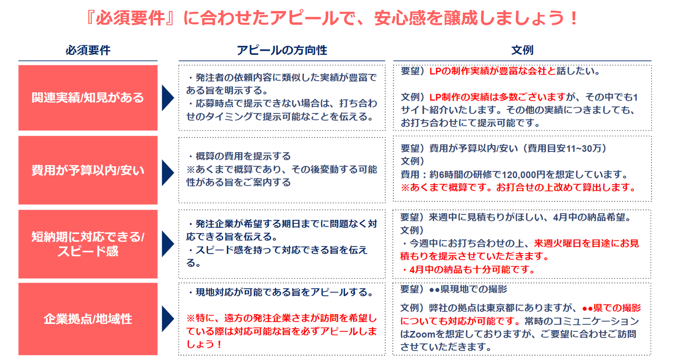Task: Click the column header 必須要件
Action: [x=88, y=50]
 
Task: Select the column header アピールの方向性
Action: [x=282, y=50]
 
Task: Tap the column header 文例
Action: [x=522, y=50]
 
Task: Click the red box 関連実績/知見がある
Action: [x=88, y=98]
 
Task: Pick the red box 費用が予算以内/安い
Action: [x=88, y=170]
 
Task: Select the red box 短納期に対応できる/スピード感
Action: [x=88, y=244]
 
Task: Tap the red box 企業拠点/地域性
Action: [x=88, y=319]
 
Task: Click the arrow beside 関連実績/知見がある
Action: [x=167, y=98]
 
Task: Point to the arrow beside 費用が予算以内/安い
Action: [x=167, y=172]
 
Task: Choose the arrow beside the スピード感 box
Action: [x=167, y=244]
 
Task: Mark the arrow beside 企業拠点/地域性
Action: [x=167, y=319]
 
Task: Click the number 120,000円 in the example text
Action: [x=523, y=175]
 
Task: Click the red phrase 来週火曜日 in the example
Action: [x=557, y=243]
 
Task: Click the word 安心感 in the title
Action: [x=407, y=18]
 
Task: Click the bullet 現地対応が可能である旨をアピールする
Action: [x=281, y=292]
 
